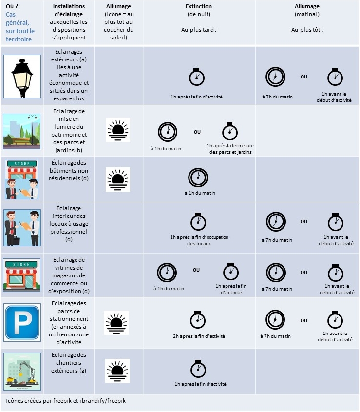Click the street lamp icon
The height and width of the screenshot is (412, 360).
[x=22, y=77]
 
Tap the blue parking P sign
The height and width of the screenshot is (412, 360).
[x=22, y=322]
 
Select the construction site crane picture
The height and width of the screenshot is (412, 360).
[x=22, y=372]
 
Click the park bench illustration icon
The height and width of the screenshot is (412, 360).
[x=22, y=129]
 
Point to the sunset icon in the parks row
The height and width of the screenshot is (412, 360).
[x=118, y=130]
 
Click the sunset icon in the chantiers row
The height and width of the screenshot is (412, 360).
[x=118, y=371]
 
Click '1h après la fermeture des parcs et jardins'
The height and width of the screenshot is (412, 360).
[x=230, y=149]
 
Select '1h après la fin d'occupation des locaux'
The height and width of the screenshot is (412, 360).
[x=199, y=240]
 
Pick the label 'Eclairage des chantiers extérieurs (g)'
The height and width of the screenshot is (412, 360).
[x=69, y=363]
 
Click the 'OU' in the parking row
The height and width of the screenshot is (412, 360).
[x=304, y=321]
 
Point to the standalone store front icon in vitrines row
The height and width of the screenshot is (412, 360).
[x=22, y=275]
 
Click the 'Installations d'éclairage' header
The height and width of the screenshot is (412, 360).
[x=69, y=10]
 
